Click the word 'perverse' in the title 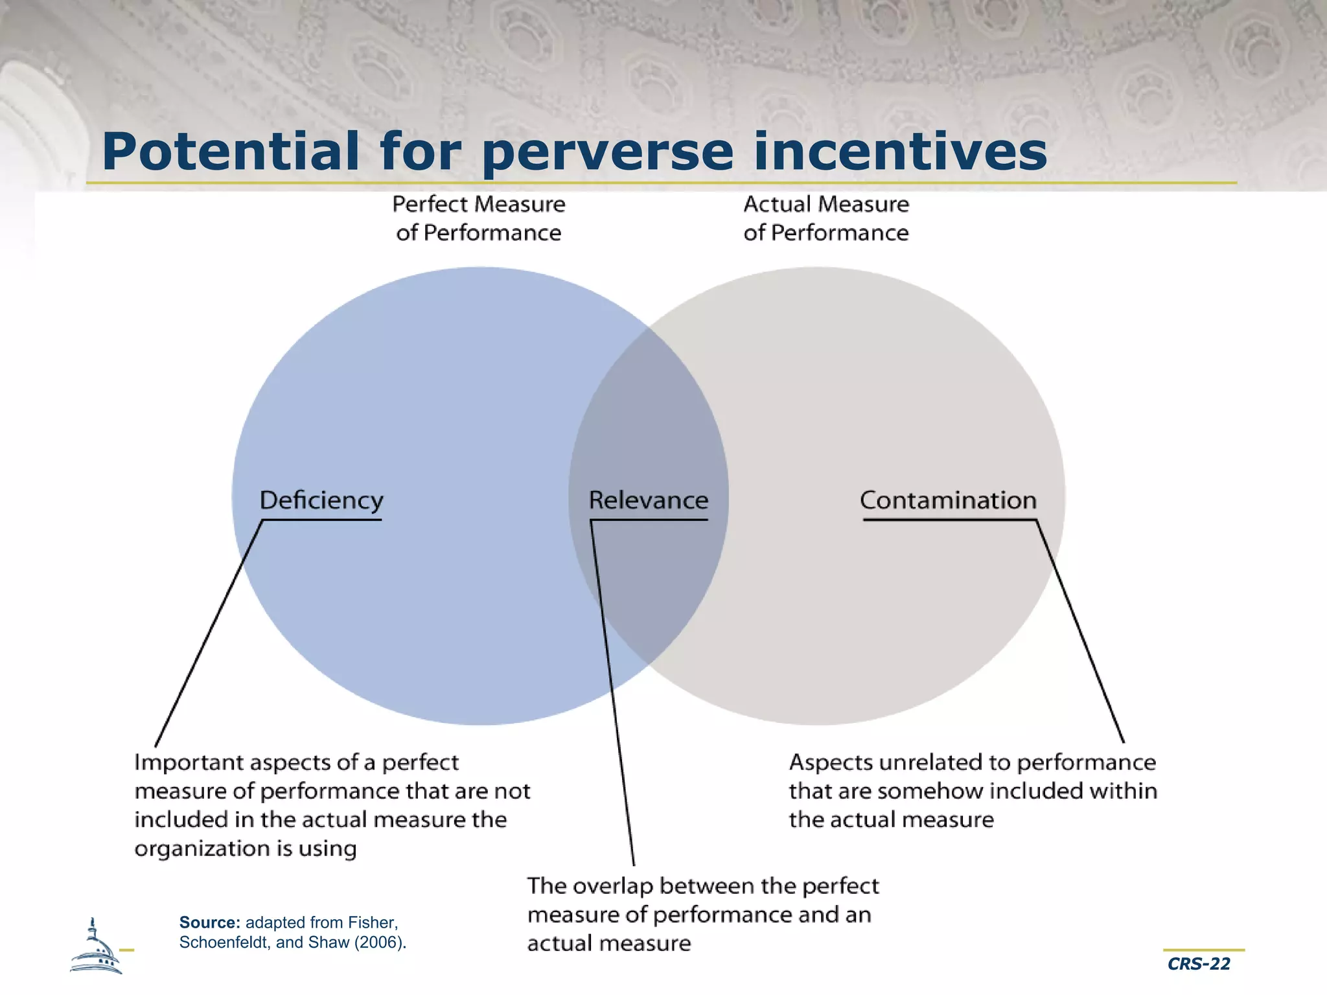tap(608, 153)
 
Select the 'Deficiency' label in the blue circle tap(321, 500)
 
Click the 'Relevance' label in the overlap tap(649, 500)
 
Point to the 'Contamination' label tap(948, 500)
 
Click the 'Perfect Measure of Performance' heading tap(479, 218)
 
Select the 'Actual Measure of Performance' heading tap(826, 218)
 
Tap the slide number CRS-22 tap(1199, 964)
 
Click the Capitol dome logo tap(96, 948)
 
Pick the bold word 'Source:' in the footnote tap(210, 922)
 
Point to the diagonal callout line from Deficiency tap(209, 634)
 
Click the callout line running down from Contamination tap(1080, 632)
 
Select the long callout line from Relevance tap(612, 693)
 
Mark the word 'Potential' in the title tap(230, 152)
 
